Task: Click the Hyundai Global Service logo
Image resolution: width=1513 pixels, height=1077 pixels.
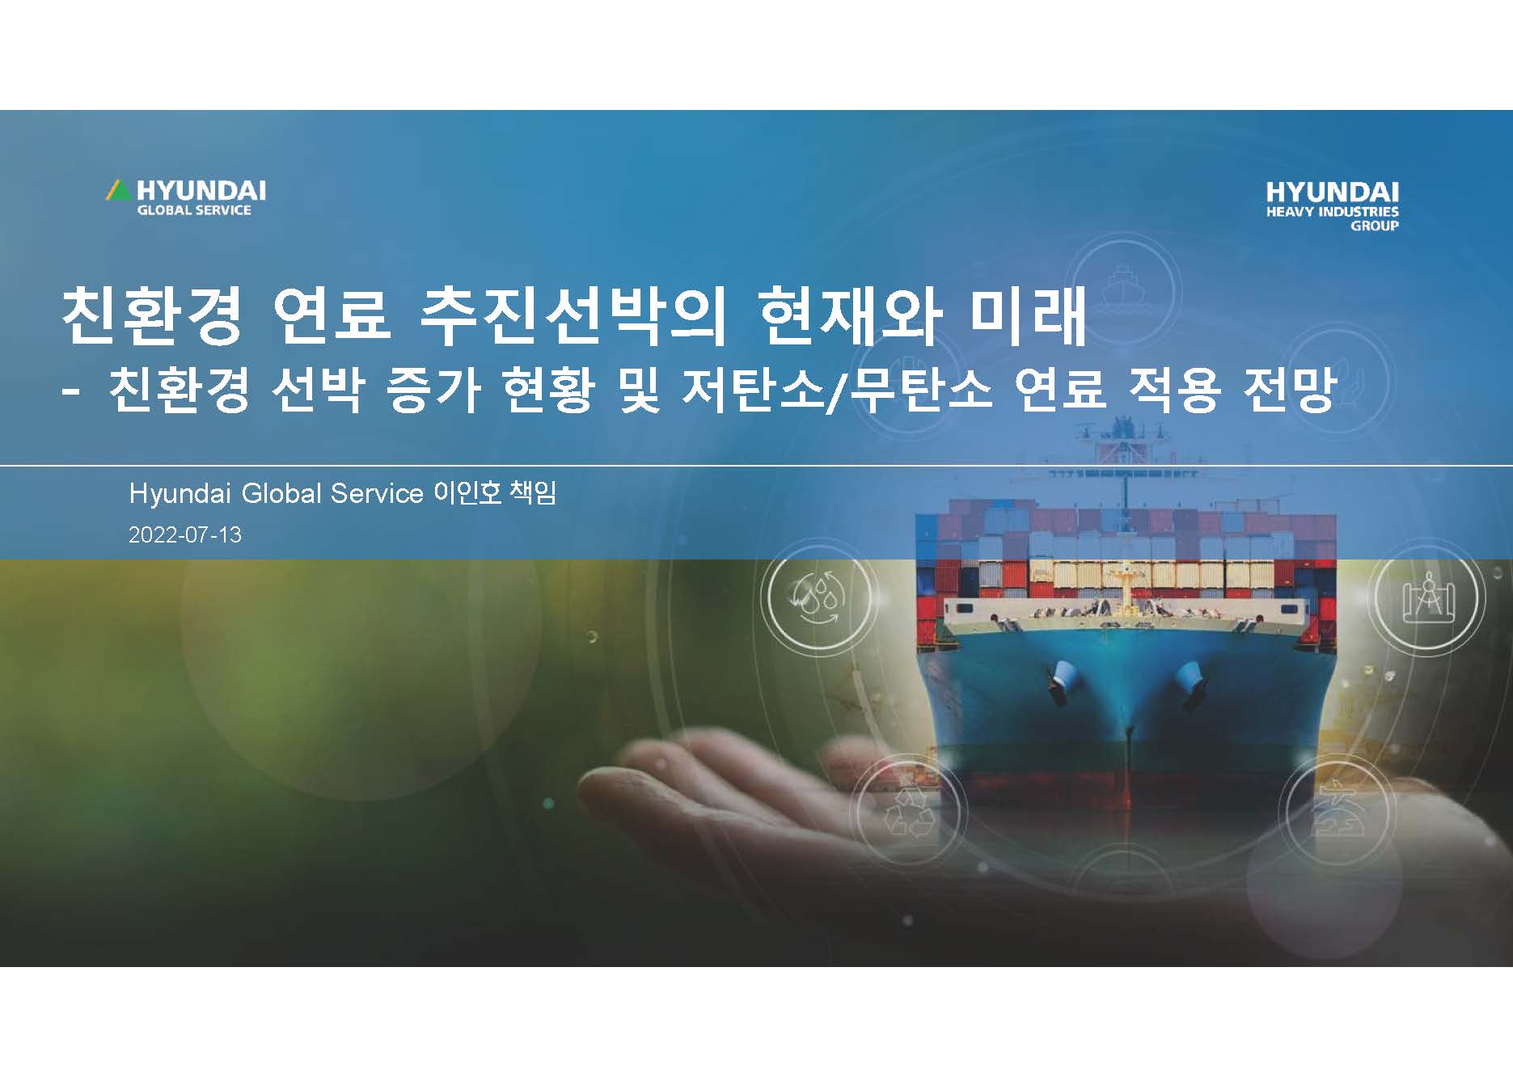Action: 185,197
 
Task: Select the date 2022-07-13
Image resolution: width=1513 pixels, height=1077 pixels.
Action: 185,535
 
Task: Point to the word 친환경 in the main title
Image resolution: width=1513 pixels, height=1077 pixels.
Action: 152,315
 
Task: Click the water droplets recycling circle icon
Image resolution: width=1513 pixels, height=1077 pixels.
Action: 819,598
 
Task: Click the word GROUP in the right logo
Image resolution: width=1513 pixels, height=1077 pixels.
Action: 1375,226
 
